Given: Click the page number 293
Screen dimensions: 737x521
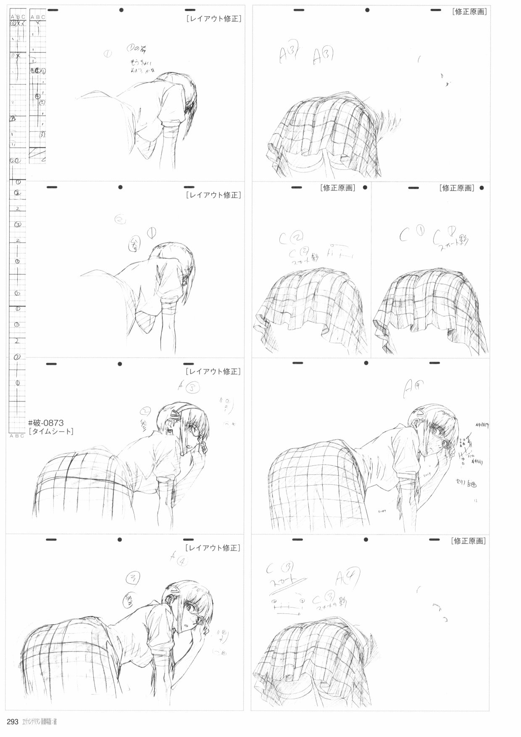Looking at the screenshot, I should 12,722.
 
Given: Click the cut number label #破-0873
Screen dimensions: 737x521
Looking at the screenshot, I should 46,423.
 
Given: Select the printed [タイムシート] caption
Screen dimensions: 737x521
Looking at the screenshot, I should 51,431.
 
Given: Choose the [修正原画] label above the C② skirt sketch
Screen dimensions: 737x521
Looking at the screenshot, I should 337,188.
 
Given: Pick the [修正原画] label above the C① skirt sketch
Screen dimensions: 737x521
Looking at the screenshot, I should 456,188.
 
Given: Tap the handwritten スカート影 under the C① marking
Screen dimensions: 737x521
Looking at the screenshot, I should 451,242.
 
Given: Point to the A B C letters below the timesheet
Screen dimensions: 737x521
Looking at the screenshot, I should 17,436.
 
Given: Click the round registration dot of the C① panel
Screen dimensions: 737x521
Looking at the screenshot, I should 482,188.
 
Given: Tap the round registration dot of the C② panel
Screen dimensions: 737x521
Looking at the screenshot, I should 365,188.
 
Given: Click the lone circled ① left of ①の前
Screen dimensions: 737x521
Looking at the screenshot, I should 108,53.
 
